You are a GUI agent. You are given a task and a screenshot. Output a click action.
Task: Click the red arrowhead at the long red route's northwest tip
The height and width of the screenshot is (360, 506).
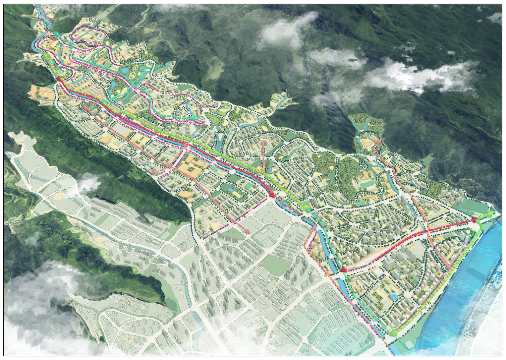60,79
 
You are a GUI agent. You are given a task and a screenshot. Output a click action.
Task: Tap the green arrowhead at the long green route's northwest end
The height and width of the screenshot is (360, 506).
47,57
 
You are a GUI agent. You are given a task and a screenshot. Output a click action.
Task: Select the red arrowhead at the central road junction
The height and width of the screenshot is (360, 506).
271,195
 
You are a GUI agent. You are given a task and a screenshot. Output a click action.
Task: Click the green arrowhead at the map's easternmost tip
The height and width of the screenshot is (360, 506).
490,214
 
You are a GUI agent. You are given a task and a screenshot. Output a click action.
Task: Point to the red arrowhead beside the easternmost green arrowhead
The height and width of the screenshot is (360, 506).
474,219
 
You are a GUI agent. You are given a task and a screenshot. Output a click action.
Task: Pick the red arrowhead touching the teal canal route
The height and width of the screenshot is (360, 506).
342,270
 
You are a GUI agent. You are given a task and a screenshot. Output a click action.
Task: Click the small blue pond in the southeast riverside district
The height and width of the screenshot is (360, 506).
394,297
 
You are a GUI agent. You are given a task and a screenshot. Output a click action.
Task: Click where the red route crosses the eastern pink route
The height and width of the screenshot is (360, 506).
427,231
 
